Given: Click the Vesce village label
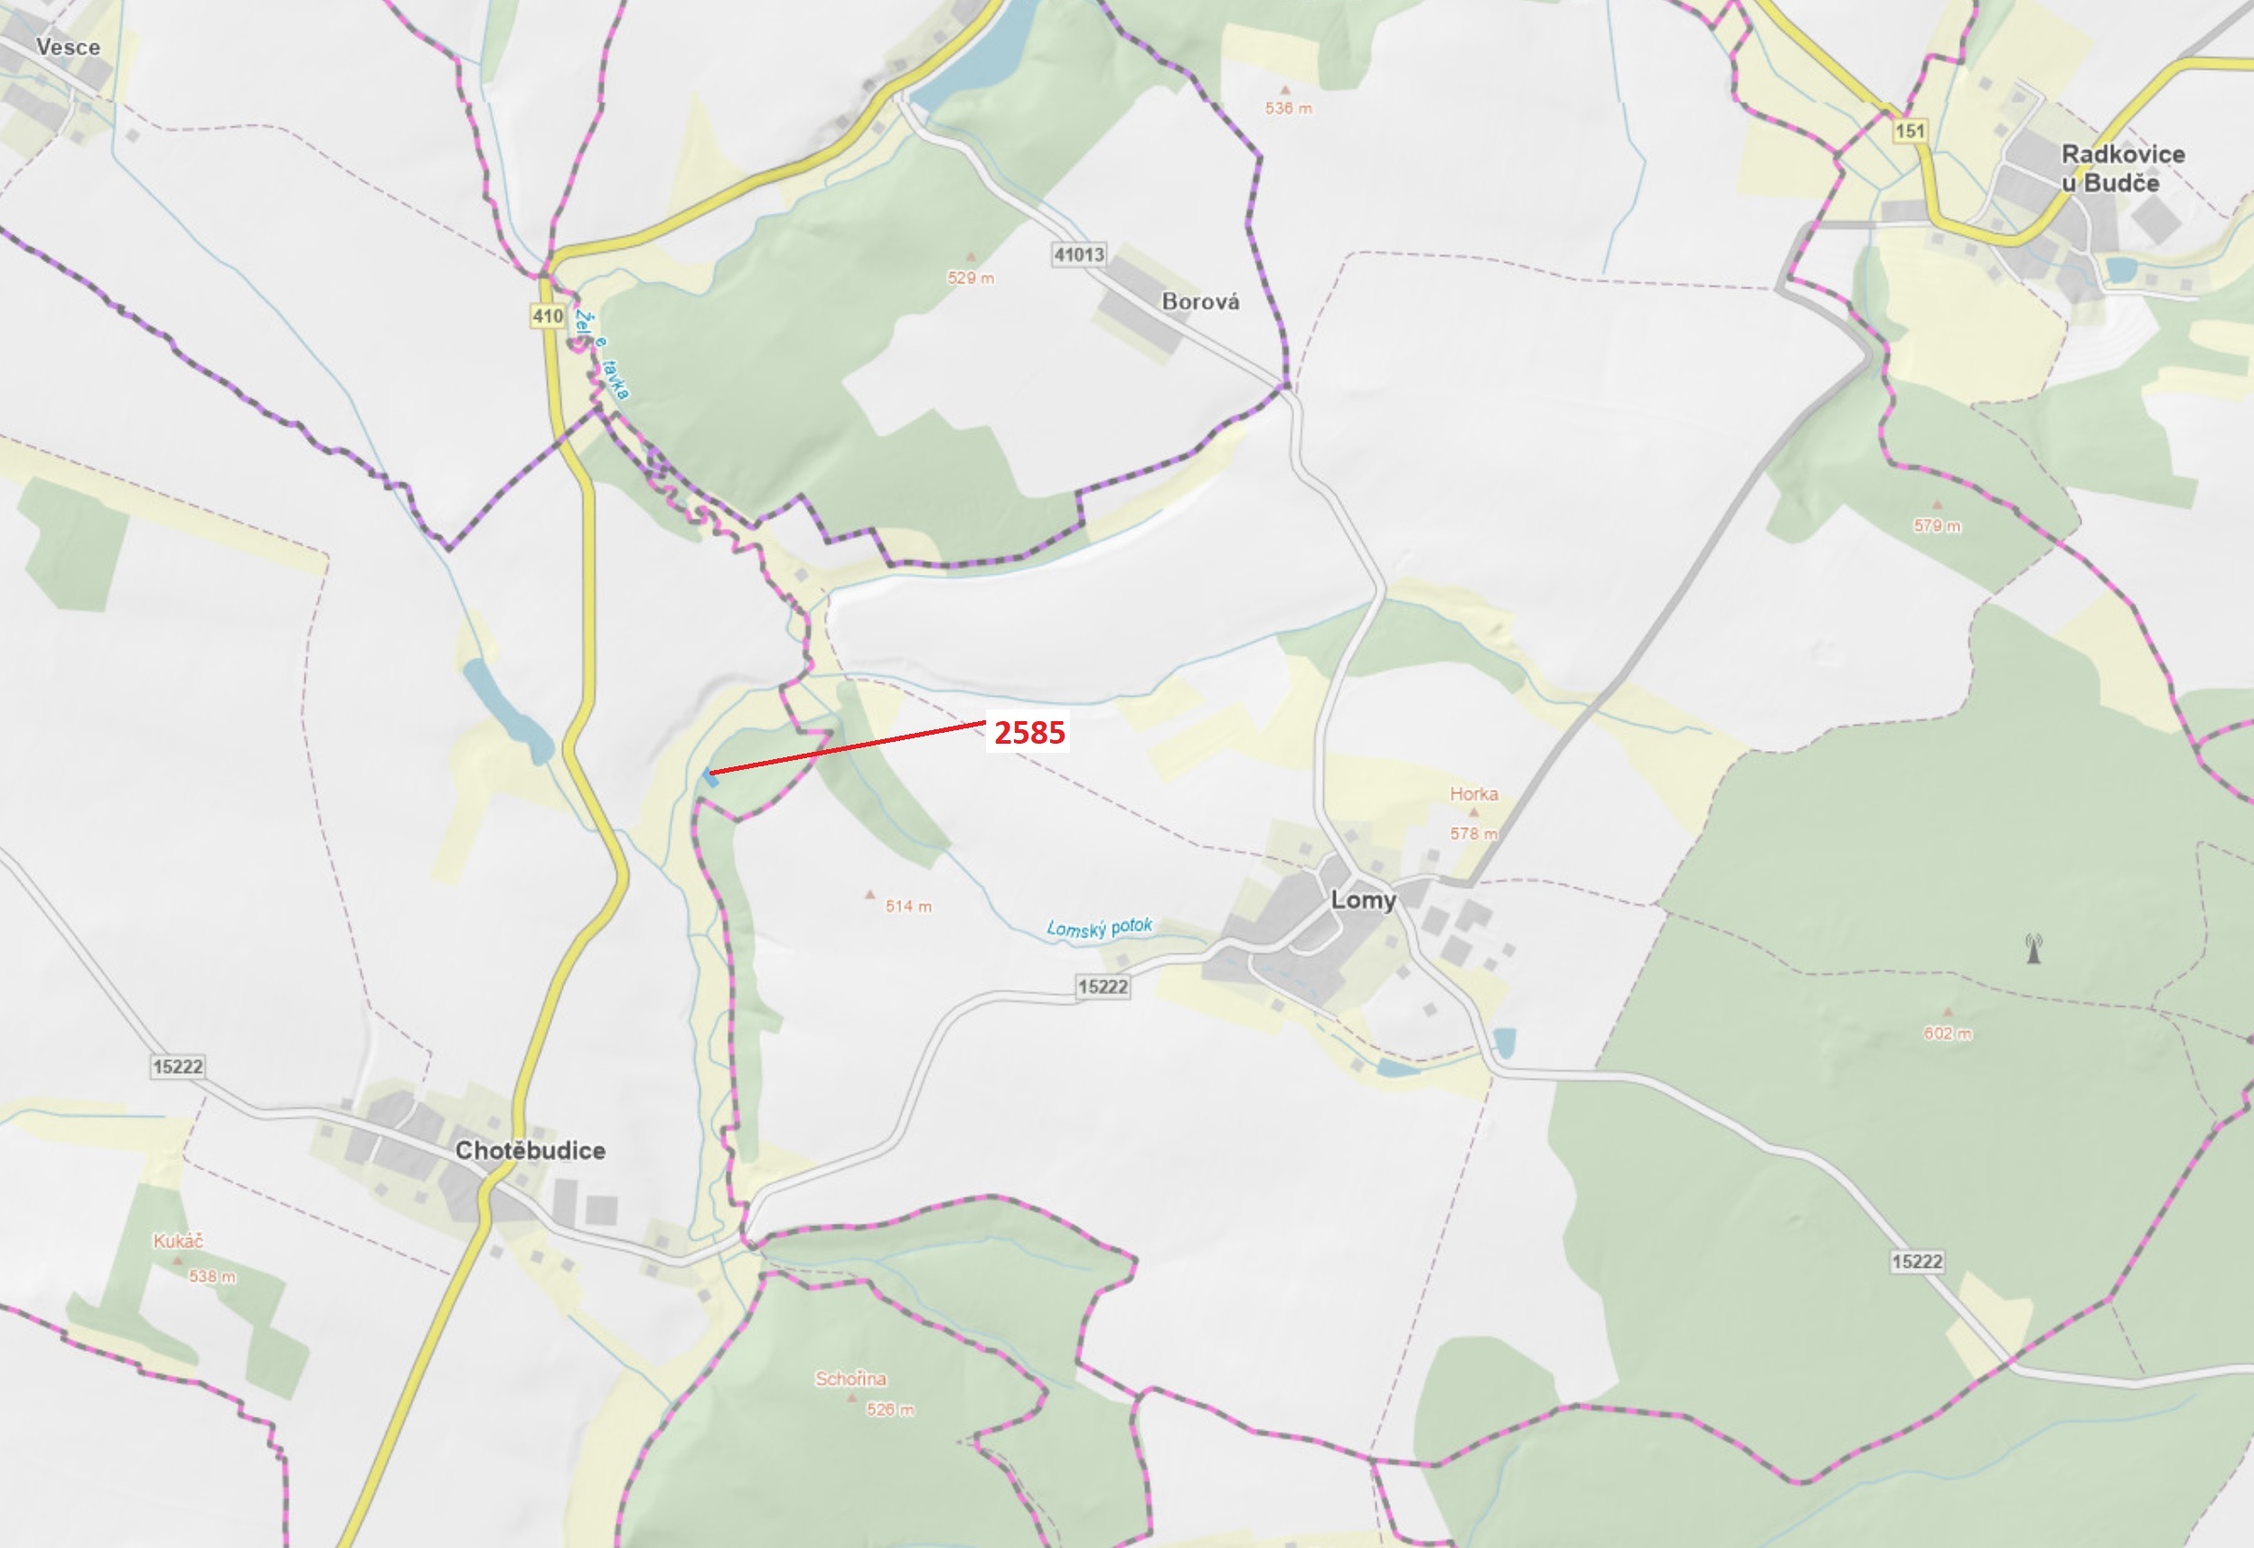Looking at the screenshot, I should tap(68, 47).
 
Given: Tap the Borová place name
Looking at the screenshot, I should tap(1199, 302).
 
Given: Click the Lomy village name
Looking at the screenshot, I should tap(1363, 899).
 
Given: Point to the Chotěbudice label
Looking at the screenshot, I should tap(531, 1150).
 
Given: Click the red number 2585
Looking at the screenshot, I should tap(1029, 732).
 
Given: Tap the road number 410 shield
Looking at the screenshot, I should tap(547, 315).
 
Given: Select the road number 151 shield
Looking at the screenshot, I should tap(1909, 131).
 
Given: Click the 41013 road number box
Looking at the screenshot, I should tap(1078, 254).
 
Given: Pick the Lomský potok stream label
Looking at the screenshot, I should tap(1099, 927).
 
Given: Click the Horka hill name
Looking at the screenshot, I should tap(1473, 793).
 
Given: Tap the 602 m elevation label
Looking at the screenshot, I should tap(1948, 1033).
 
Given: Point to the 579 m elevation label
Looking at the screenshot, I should tap(1937, 526).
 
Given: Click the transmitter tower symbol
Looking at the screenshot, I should tap(2033, 948).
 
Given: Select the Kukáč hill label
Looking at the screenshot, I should tap(178, 1241).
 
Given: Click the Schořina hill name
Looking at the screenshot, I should tap(850, 1378).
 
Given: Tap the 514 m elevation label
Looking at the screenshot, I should tap(907, 905).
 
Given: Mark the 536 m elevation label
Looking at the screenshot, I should tap(1288, 108).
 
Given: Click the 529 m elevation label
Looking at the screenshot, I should tap(971, 278).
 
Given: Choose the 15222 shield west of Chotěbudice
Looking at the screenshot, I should tap(177, 1067).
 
